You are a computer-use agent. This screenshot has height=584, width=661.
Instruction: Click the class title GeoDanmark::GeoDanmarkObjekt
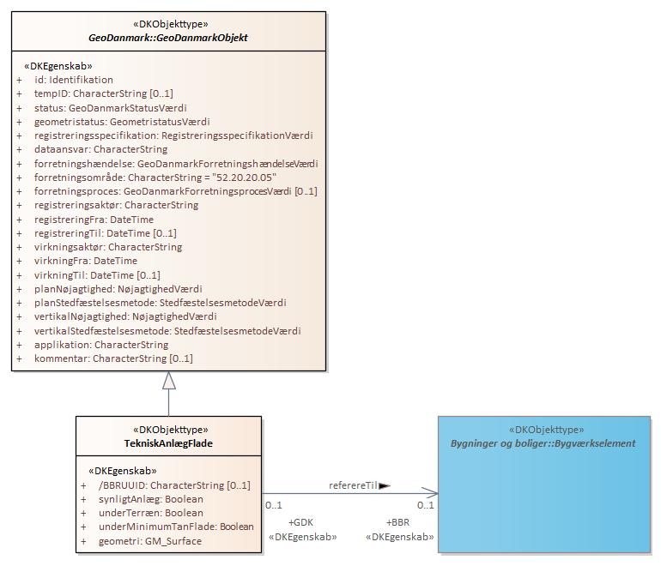168,38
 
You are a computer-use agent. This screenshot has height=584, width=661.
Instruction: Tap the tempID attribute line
103,93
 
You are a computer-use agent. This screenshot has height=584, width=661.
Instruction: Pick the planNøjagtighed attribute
118,289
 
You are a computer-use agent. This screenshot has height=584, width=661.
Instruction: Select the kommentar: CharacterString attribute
113,358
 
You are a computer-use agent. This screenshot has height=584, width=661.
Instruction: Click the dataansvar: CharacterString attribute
100,149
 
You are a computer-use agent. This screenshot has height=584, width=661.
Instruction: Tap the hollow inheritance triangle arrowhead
169,382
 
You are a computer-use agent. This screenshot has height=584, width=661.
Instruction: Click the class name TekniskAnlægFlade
168,443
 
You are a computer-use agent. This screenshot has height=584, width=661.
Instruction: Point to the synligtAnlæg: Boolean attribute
150,499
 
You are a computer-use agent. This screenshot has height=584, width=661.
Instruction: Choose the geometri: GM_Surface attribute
149,541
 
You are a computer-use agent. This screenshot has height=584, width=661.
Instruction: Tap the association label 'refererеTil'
353,485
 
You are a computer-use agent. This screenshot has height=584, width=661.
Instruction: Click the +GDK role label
301,521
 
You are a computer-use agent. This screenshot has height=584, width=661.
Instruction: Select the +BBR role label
397,521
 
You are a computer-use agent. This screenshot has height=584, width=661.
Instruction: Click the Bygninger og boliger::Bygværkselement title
543,443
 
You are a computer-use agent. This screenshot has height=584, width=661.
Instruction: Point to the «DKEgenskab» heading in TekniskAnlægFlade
123,471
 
